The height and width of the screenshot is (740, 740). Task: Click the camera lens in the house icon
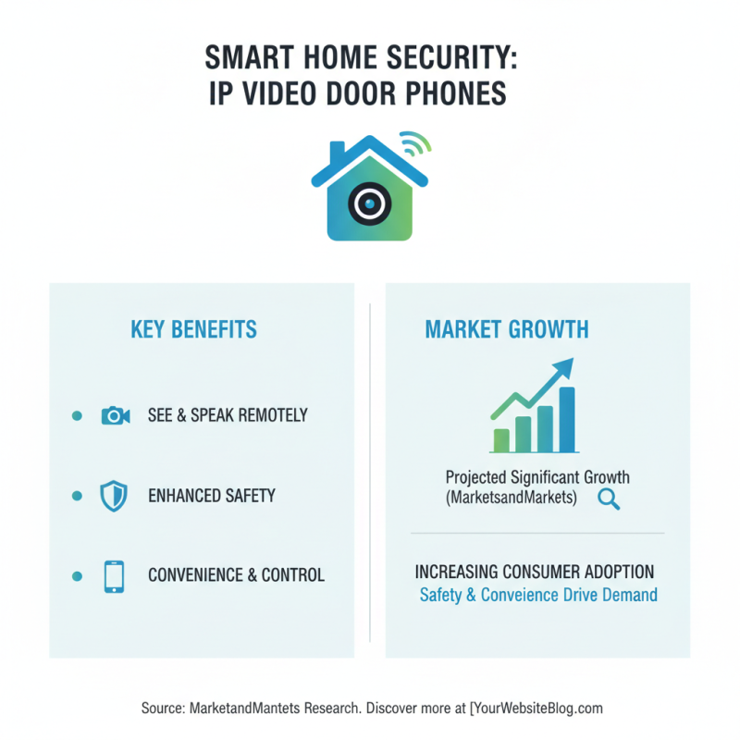tap(370, 202)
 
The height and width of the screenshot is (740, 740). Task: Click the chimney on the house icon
tap(337, 151)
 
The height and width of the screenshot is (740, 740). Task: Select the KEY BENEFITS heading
tap(193, 329)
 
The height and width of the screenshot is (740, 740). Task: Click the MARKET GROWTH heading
tap(507, 329)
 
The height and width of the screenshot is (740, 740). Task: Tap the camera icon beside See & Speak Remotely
tap(115, 415)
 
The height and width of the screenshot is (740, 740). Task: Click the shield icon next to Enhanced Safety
tap(113, 495)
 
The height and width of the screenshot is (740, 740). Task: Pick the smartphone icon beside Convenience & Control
tap(114, 575)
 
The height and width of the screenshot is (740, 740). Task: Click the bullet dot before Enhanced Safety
tap(77, 496)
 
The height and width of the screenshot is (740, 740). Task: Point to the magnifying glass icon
tap(609, 499)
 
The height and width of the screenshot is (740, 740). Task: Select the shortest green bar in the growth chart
tap(502, 439)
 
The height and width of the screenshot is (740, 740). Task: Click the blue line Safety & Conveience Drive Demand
tap(538, 595)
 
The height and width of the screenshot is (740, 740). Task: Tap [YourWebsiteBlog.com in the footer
tap(536, 709)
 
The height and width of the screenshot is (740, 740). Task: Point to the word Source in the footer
tap(162, 709)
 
